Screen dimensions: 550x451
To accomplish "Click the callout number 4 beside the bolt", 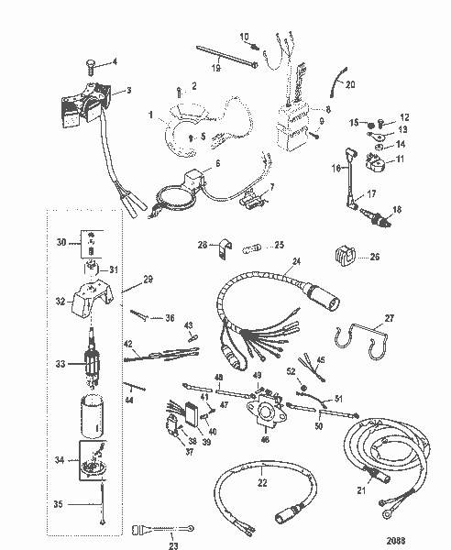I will (x=115, y=62).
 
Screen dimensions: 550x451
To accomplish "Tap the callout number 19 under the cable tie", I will (x=215, y=67).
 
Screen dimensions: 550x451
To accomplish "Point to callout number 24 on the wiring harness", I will (x=296, y=261).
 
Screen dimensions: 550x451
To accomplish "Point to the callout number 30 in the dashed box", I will (x=62, y=244).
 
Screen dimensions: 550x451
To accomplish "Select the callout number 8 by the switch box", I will (x=326, y=109).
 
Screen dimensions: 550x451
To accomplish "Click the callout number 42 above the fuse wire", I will (x=130, y=346).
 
